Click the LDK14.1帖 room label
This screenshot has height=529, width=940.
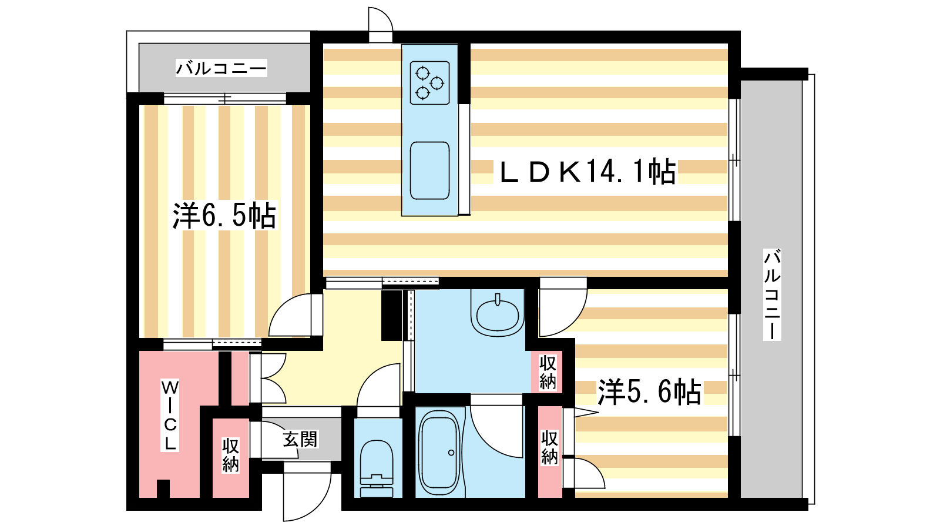point(588,172)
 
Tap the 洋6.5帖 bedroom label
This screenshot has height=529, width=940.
point(224,216)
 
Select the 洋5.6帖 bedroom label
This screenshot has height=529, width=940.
point(649,391)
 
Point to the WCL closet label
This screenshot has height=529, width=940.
point(170,415)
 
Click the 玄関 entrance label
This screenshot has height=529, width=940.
point(300,440)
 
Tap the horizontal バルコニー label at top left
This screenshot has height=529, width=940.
point(221,68)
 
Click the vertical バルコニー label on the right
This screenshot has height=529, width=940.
point(772,294)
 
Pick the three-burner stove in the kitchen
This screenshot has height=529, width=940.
point(429,83)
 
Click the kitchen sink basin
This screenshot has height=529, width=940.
point(429,171)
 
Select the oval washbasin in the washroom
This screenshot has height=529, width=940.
point(498,315)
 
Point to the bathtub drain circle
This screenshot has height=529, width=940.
point(451,453)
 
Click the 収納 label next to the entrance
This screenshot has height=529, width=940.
point(230,455)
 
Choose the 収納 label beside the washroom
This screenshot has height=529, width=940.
point(548,372)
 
